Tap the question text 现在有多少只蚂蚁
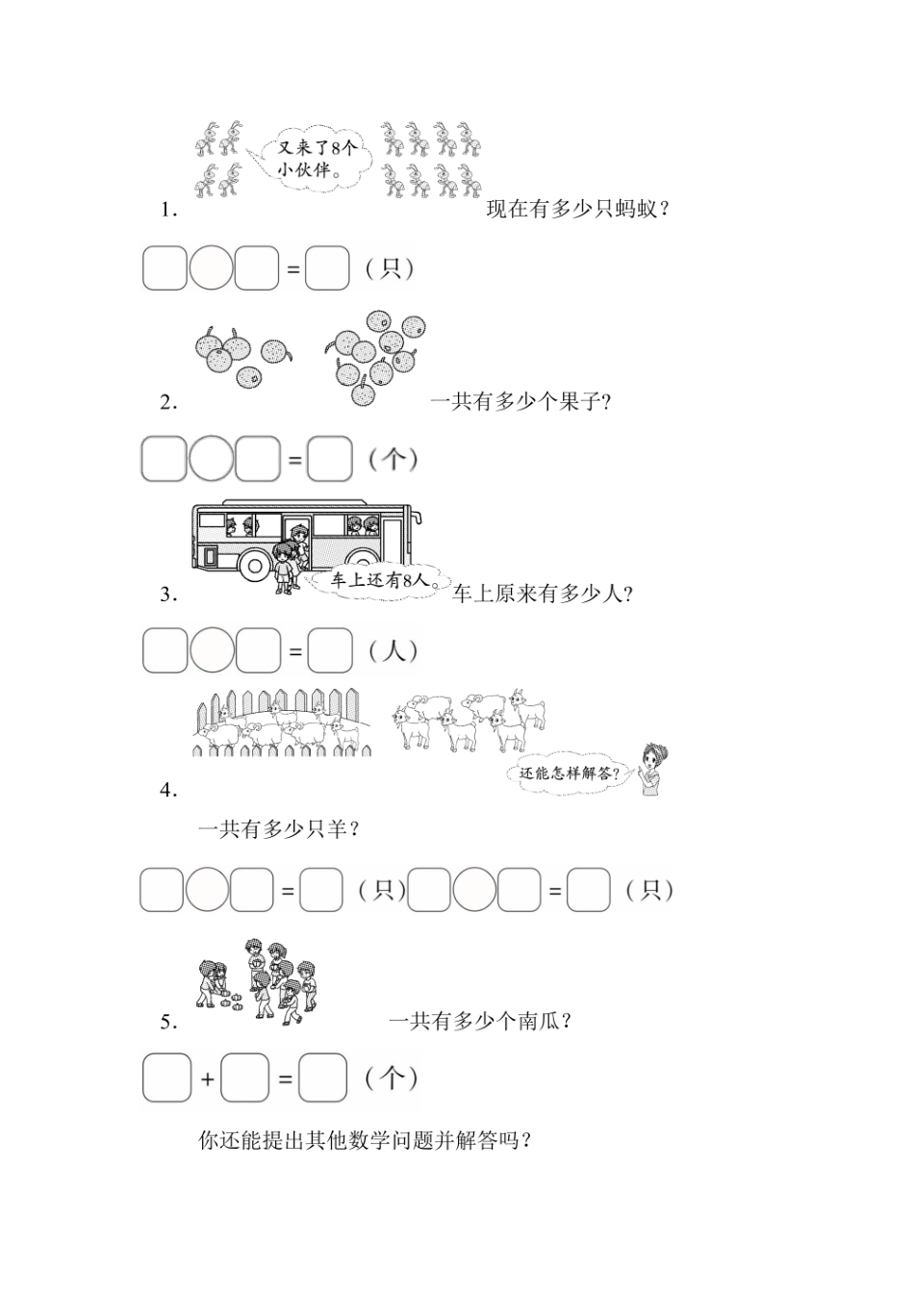click(578, 210)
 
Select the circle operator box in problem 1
click(211, 268)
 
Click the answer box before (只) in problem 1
click(327, 268)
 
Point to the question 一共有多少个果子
click(520, 402)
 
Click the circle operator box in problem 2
click(211, 459)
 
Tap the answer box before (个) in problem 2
click(329, 459)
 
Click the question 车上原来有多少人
click(543, 594)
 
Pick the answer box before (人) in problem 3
click(330, 650)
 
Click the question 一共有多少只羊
click(279, 828)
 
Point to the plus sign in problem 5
click(208, 1079)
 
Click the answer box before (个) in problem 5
click(322, 1078)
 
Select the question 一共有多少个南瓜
click(482, 1022)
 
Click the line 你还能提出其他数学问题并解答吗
click(366, 1141)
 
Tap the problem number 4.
click(169, 791)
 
